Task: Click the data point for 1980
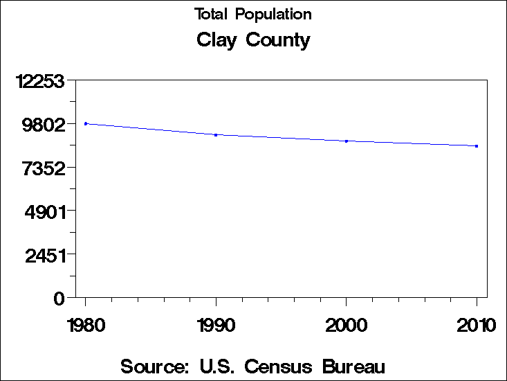[86, 123]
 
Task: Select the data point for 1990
[216, 135]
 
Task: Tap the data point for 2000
[347, 141]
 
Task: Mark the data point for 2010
[477, 146]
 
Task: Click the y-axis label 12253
[41, 82]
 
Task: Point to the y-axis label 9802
[44, 125]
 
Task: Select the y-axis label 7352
[44, 168]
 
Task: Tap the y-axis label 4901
[44, 212]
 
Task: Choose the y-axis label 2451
[44, 255]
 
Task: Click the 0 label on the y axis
[59, 299]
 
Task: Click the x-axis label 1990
[216, 325]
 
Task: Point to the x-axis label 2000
[347, 325]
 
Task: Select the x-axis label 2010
[477, 325]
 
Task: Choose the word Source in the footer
[154, 366]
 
